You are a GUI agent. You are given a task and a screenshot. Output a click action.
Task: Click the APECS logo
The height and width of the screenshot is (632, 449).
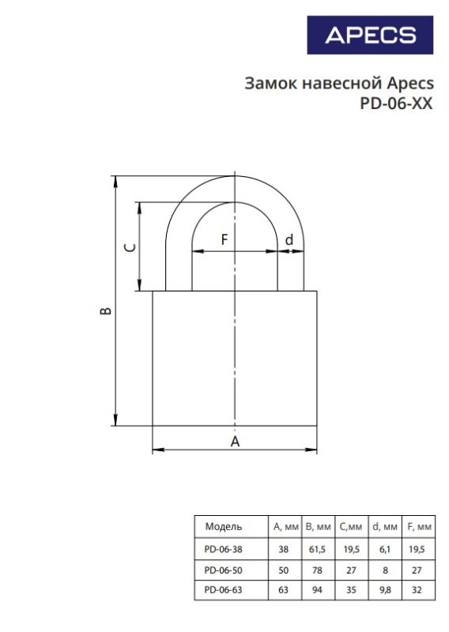pyautogui.click(x=370, y=35)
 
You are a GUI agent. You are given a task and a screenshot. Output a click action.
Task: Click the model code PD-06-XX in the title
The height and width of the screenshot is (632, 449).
pyautogui.click(x=396, y=103)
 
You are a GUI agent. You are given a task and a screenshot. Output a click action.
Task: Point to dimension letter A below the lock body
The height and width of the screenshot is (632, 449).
pyautogui.click(x=235, y=442)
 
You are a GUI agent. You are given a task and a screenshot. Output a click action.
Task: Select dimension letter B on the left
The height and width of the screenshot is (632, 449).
pyautogui.click(x=106, y=310)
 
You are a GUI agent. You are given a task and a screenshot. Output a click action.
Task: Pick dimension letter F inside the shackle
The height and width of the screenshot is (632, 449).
pyautogui.click(x=224, y=240)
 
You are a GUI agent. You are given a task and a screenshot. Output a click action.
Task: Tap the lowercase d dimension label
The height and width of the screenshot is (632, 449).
pyautogui.click(x=289, y=240)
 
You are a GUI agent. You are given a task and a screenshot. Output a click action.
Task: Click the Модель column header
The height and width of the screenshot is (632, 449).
pyautogui.click(x=224, y=526)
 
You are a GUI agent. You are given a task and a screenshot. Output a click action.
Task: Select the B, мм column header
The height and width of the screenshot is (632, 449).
pyautogui.click(x=318, y=527)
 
